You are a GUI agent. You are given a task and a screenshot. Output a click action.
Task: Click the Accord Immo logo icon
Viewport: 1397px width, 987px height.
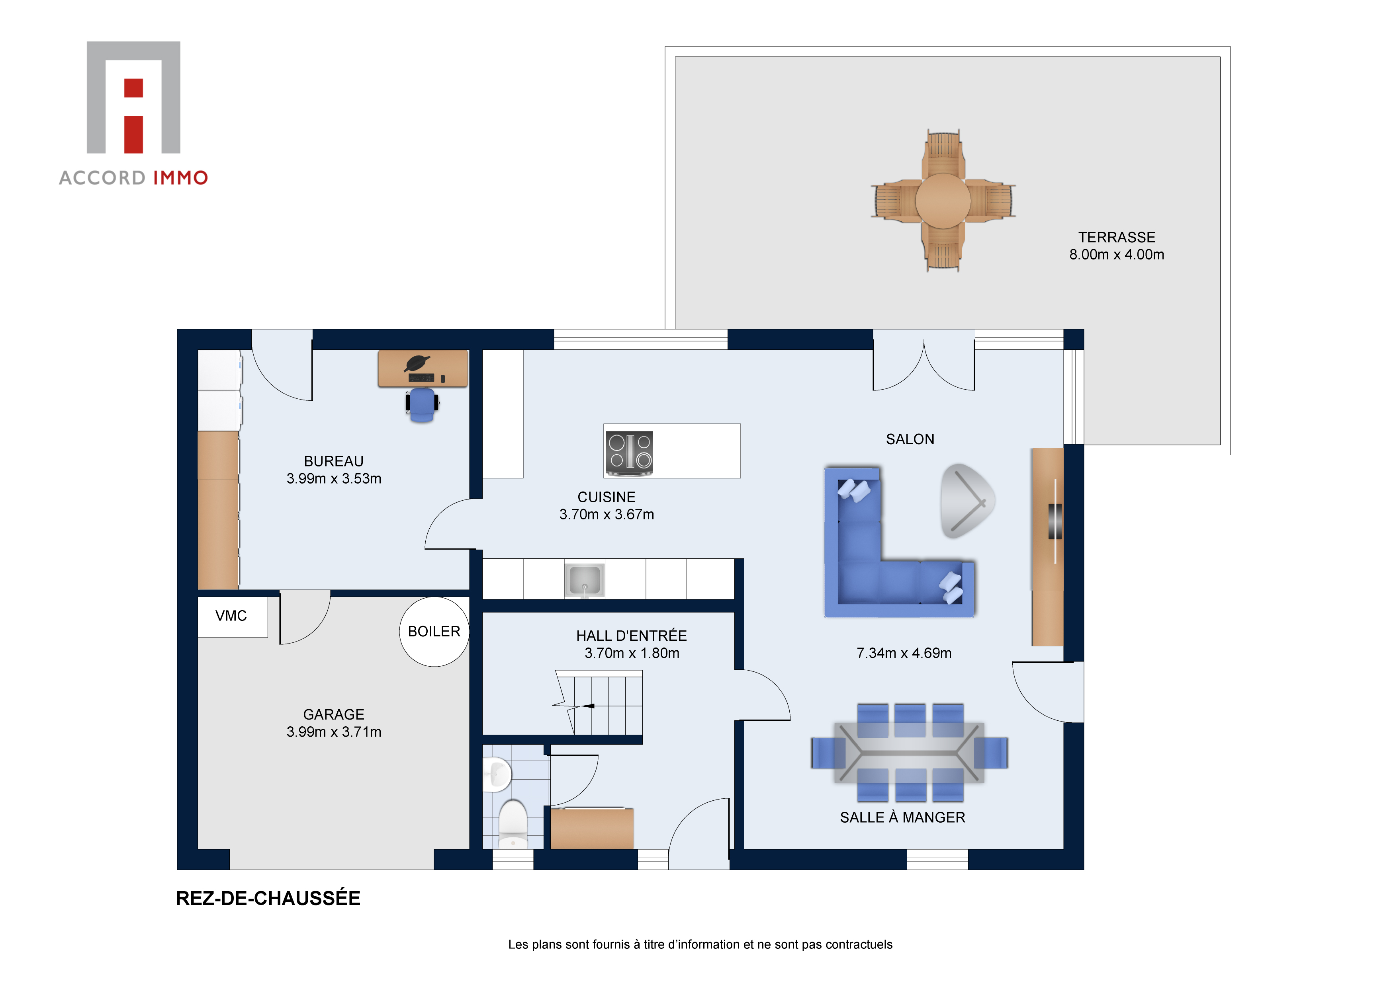click(x=133, y=97)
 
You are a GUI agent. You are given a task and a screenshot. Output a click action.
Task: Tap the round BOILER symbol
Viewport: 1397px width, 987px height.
click(x=434, y=631)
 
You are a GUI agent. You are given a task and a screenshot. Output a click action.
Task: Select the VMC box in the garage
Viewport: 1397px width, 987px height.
click(x=232, y=616)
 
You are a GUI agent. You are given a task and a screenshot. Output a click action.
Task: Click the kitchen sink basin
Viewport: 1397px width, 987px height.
click(x=584, y=579)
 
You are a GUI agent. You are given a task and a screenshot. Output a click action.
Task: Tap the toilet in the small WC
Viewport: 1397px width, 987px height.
click(x=513, y=823)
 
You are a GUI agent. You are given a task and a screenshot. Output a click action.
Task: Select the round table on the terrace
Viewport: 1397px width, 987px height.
click(x=943, y=201)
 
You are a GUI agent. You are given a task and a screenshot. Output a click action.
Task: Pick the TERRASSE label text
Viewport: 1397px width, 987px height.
click(x=1117, y=237)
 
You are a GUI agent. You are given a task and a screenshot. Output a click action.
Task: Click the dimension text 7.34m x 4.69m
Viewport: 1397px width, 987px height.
click(x=904, y=653)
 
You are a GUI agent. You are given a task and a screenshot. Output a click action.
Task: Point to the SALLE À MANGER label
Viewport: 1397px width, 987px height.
click(x=902, y=817)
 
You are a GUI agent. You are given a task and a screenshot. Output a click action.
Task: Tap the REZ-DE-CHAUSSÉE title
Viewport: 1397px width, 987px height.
click(x=268, y=898)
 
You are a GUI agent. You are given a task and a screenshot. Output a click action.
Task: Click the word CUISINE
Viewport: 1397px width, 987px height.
click(x=606, y=497)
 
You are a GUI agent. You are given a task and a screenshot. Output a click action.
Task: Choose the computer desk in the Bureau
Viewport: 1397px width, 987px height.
click(x=423, y=368)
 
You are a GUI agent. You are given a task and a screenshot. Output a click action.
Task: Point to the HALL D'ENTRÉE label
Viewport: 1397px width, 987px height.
click(x=631, y=636)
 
